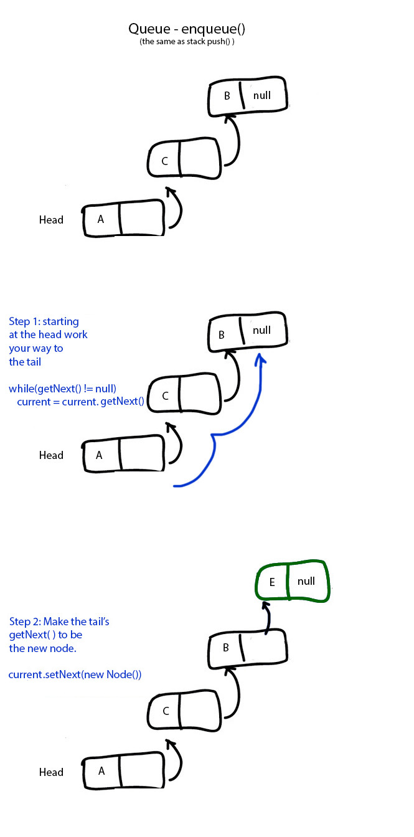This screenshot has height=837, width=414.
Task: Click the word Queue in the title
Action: (148, 29)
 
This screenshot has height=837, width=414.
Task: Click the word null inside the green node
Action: (306, 581)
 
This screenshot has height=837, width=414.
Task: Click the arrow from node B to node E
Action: (267, 620)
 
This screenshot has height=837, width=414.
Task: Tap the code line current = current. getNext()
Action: (80, 401)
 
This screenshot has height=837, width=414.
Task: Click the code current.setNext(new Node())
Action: (75, 674)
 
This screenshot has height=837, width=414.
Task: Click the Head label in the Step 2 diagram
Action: (51, 772)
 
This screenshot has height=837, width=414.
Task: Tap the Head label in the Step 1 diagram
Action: (51, 455)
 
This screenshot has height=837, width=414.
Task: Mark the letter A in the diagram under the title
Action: (100, 219)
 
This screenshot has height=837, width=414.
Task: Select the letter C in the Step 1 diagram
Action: (165, 396)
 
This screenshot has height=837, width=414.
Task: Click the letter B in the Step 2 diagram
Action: (226, 648)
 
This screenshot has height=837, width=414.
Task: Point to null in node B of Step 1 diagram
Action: (262, 330)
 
